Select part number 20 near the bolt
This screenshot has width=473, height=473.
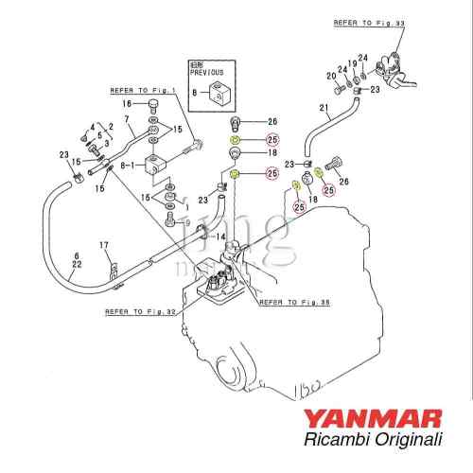tap(331, 76)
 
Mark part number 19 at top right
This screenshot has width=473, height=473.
tap(351, 64)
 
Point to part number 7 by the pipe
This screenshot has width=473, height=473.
tap(127, 120)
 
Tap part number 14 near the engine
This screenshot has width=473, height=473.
tap(220, 236)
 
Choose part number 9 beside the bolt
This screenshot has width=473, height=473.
tap(187, 222)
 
